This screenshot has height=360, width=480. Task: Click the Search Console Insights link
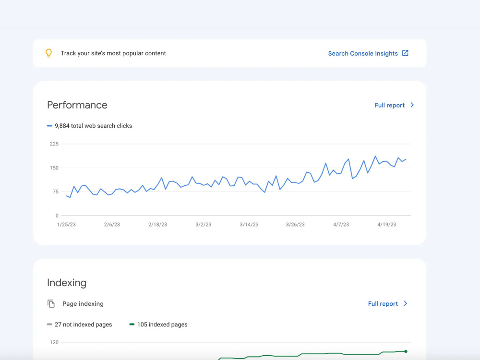(363, 54)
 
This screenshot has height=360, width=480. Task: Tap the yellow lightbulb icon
(48, 53)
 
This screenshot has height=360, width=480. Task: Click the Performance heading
(77, 105)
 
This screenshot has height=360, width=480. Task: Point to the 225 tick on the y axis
(54, 144)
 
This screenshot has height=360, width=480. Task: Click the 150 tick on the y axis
(54, 168)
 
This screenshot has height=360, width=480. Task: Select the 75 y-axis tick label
(55, 192)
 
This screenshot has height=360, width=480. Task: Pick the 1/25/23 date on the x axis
(66, 224)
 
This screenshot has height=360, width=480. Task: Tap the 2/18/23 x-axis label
(157, 224)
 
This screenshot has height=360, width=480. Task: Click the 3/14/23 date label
(249, 224)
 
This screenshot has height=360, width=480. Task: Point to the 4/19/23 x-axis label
(386, 224)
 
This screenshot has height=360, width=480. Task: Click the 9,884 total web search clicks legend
(89, 126)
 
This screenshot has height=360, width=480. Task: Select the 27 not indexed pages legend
(79, 324)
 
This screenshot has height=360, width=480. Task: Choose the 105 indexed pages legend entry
(158, 324)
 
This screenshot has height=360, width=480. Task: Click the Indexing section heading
(67, 283)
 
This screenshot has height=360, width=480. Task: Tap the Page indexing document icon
(51, 304)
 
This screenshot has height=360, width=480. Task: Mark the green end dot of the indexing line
(406, 351)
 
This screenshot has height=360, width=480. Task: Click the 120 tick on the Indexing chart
(54, 342)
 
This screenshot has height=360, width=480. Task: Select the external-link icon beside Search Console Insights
(405, 53)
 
